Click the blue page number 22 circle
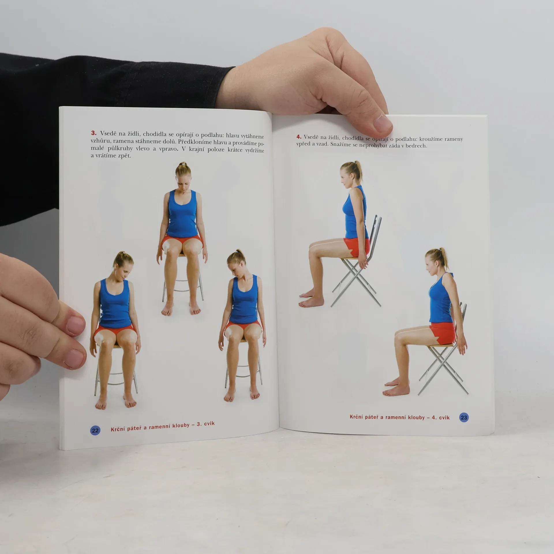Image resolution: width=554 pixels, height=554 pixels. [95, 431]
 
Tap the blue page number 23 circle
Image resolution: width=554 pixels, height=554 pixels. [464, 418]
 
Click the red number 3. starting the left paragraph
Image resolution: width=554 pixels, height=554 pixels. [94, 133]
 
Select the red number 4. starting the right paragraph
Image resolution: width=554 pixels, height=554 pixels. [299, 137]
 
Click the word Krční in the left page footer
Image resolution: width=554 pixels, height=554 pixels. [118, 429]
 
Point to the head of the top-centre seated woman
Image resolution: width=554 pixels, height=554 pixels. [183, 176]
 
